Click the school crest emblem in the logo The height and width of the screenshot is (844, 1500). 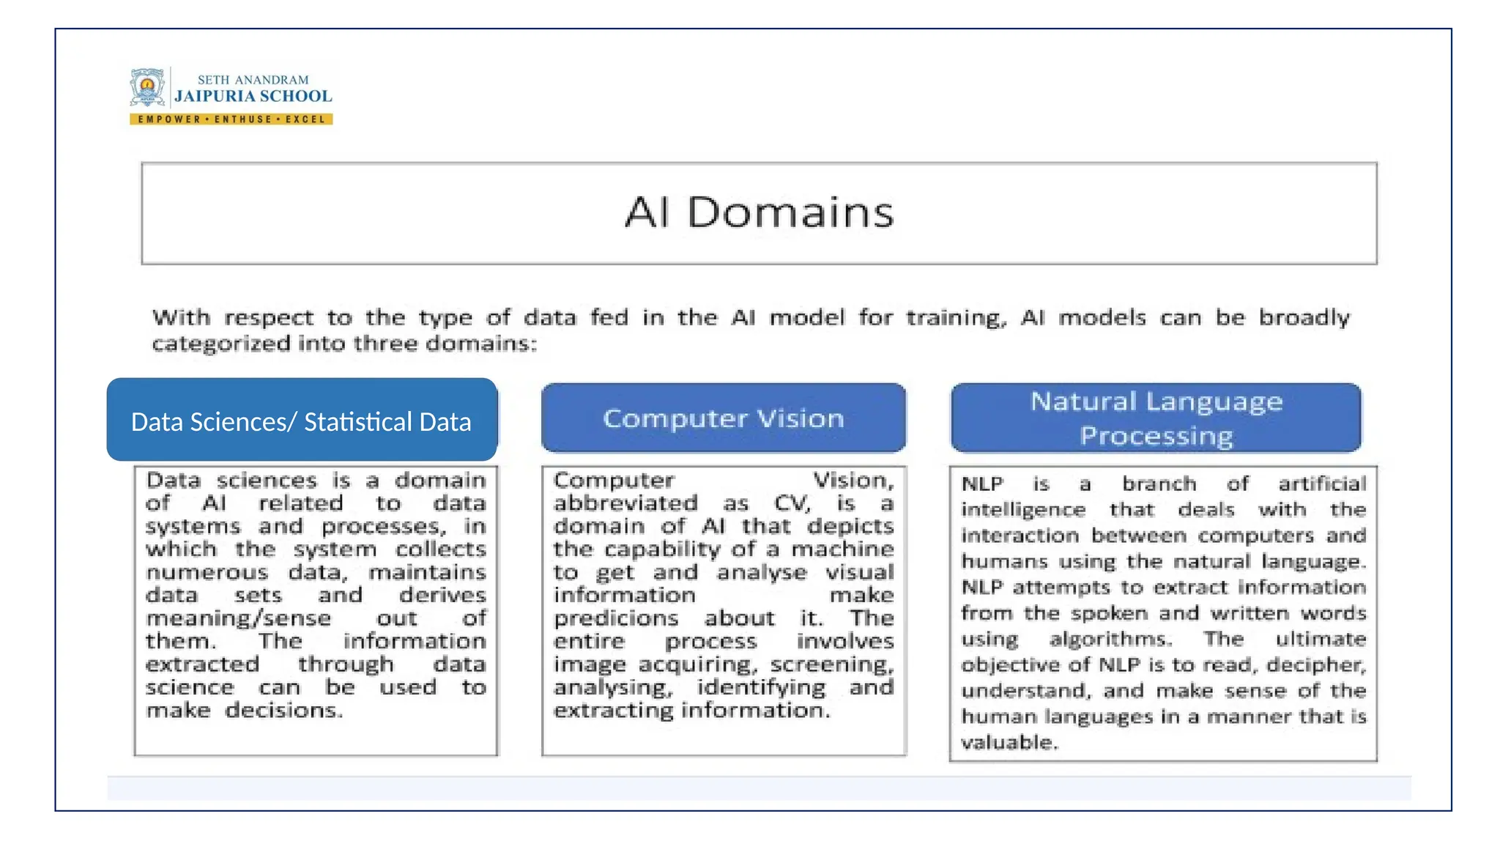[147, 89]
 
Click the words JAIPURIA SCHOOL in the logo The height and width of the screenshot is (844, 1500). [253, 96]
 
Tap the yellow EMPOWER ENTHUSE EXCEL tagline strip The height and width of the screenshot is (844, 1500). [231, 119]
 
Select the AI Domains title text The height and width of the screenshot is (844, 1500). [759, 212]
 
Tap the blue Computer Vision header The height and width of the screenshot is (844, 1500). [724, 418]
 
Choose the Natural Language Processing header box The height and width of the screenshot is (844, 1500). [1156, 418]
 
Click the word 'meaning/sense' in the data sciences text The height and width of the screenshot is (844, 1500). [238, 618]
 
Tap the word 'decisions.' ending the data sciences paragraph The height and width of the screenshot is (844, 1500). [283, 711]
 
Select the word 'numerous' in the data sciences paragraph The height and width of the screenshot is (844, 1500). [207, 572]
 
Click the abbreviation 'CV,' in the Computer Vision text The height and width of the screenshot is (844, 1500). [792, 503]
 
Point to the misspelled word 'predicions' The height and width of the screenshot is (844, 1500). [616, 618]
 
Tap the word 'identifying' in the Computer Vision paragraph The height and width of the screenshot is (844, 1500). [761, 688]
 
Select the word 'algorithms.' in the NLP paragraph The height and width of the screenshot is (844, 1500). [1110, 640]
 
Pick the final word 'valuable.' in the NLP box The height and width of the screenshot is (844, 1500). [1009, 743]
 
